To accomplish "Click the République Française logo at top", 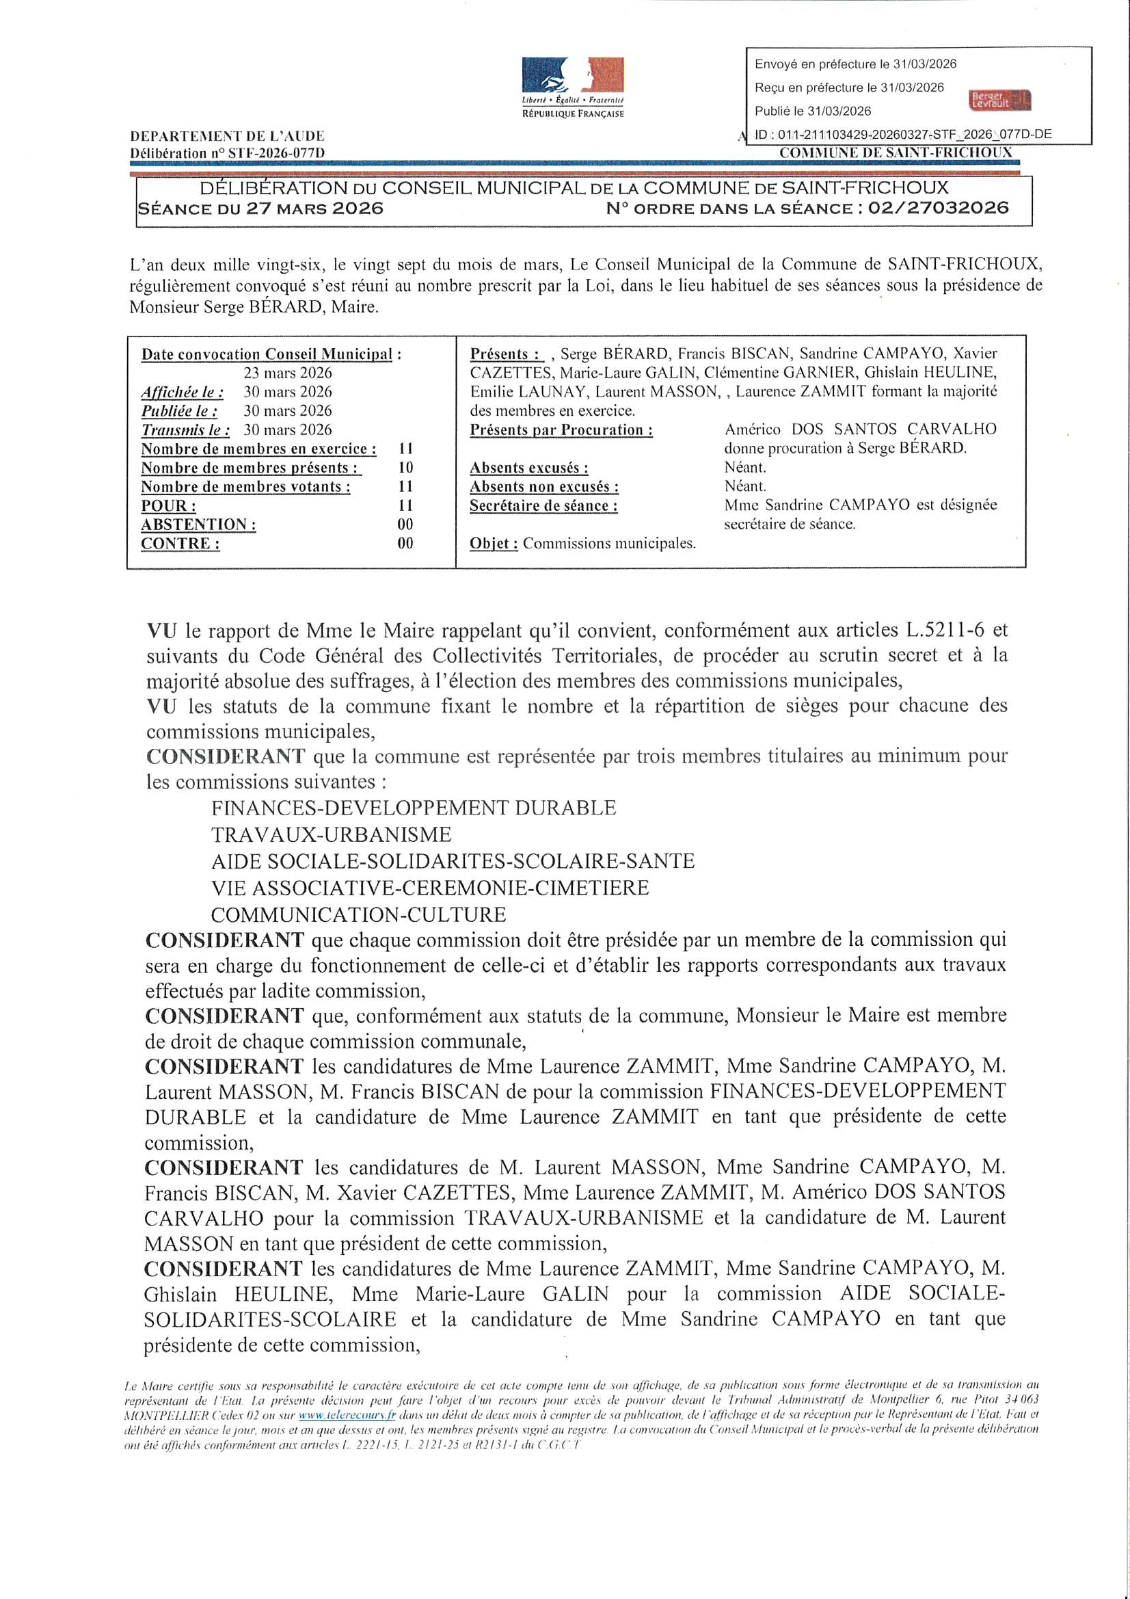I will coord(572,87).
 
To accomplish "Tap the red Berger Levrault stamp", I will coord(999,101).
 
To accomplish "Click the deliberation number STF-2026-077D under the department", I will coord(227,153).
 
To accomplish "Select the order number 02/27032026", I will coord(938,208).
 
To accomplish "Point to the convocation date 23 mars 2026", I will coord(288,373).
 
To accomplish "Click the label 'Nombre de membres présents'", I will coord(251,468).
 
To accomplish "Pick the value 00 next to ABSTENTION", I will coord(405,525).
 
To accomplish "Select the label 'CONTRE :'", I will coord(180,544).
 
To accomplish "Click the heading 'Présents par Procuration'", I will coord(561,430).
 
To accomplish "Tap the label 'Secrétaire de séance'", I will coord(543,505).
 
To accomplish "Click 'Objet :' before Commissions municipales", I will coord(494,544).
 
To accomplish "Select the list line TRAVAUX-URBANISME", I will coord(332,834).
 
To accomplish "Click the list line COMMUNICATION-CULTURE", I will coord(359,914).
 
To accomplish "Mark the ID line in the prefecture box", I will coord(903,135).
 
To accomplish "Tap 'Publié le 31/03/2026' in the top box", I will coord(813,111).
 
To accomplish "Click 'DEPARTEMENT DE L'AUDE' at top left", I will coord(227,137).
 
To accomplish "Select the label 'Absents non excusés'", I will coord(544,487).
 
